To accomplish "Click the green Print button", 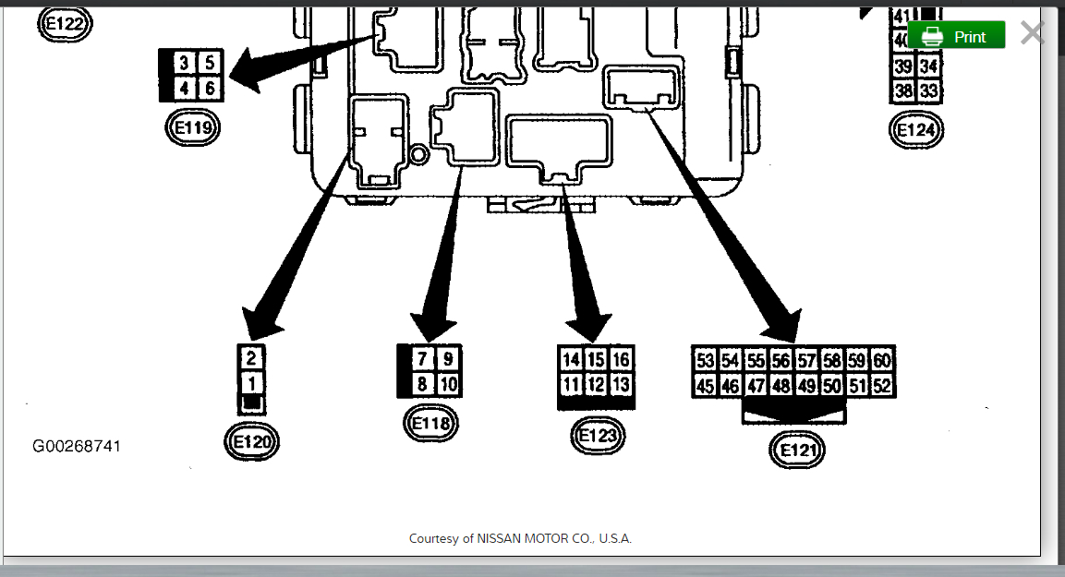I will pos(956,36).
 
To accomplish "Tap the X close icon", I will pos(1032,33).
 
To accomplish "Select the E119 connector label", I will pos(193,127).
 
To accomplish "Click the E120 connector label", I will pos(252,442).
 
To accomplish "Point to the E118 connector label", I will pos(431,424).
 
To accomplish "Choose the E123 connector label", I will pos(599,435).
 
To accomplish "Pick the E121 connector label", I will pos(796,451).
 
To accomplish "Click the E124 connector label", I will pos(916,130).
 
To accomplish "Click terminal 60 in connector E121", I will pos(882,360).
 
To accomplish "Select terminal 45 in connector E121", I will pos(706,386).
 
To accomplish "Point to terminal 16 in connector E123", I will pos(622,359).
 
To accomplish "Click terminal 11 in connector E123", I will pos(572,384).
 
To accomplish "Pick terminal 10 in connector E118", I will pos(447,383).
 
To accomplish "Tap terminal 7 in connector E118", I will pos(422,358).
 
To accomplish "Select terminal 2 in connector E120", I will pos(252,358).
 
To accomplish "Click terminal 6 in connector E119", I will pos(210,89).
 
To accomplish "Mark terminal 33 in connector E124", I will pos(929,90).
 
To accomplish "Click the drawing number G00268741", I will pos(77,447).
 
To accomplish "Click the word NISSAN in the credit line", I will pos(502,538).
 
